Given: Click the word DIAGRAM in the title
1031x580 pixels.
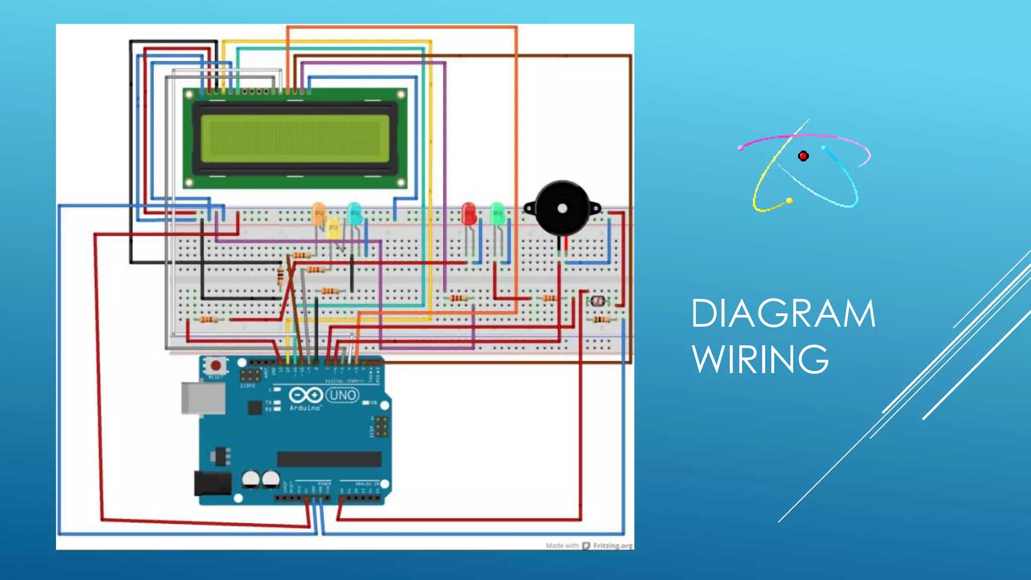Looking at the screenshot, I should [x=783, y=314].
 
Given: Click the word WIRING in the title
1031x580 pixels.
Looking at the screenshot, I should [x=760, y=359].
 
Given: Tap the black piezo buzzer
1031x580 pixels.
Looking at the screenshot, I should [x=562, y=208].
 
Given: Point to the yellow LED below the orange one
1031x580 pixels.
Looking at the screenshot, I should [x=333, y=230].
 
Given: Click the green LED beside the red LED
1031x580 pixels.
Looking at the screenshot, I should [x=497, y=213].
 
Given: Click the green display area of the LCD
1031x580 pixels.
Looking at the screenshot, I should [x=295, y=138].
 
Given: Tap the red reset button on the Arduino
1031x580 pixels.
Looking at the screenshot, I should [x=216, y=366].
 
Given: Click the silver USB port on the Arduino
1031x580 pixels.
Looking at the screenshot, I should [x=203, y=398].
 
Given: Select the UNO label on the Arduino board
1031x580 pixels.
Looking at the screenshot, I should [x=342, y=395].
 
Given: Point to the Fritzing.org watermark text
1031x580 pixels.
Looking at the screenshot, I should [x=612, y=546].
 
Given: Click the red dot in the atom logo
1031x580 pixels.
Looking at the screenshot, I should [x=803, y=156].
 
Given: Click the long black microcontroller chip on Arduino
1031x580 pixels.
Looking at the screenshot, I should [x=329, y=459].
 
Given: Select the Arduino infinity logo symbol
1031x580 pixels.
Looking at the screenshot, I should [x=306, y=395].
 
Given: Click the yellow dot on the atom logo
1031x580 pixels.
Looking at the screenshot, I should [x=789, y=201].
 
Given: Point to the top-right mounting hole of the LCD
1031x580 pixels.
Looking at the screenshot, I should [x=401, y=95].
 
